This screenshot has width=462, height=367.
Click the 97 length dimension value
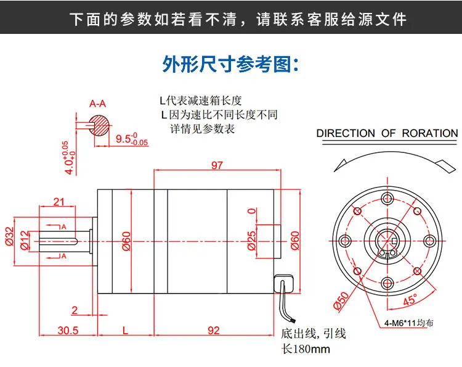click(216, 165)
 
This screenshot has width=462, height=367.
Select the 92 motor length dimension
click(213, 330)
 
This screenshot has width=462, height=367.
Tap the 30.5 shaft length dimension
click(68, 330)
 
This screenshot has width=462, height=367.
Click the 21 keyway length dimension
click(60, 201)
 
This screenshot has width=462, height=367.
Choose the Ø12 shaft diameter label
click(25, 239)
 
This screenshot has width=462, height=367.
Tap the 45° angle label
click(410, 300)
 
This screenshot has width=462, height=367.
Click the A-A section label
click(97, 104)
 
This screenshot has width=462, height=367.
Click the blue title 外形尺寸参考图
click(230, 64)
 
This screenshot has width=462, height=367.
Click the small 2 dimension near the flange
click(75, 310)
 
